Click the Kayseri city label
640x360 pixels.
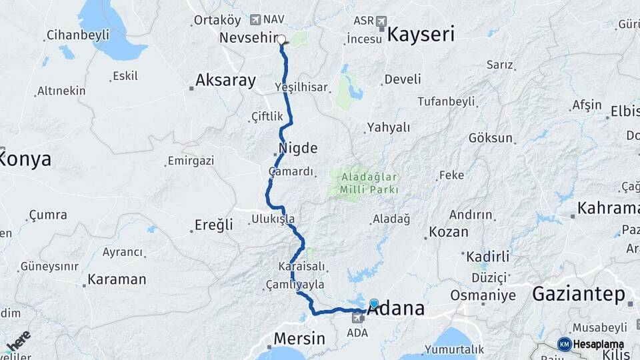[421, 34]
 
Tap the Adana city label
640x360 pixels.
[396, 309]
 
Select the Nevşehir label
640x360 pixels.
[247, 37]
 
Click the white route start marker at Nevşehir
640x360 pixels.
[281, 39]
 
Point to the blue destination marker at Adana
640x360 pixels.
[374, 303]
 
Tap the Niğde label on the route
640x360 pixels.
[297, 147]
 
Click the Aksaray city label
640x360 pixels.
[225, 81]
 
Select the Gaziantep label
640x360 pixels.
[579, 293]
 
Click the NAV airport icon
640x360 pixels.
[255, 20]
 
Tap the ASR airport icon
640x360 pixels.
[381, 21]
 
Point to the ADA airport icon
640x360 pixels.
[359, 318]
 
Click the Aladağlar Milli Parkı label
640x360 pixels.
[369, 183]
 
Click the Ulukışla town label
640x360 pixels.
[273, 219]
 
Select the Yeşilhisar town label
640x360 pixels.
[302, 87]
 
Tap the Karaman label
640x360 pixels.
[117, 279]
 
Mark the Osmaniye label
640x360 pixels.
[483, 295]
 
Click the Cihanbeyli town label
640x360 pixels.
[78, 35]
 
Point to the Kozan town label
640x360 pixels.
[448, 232]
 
